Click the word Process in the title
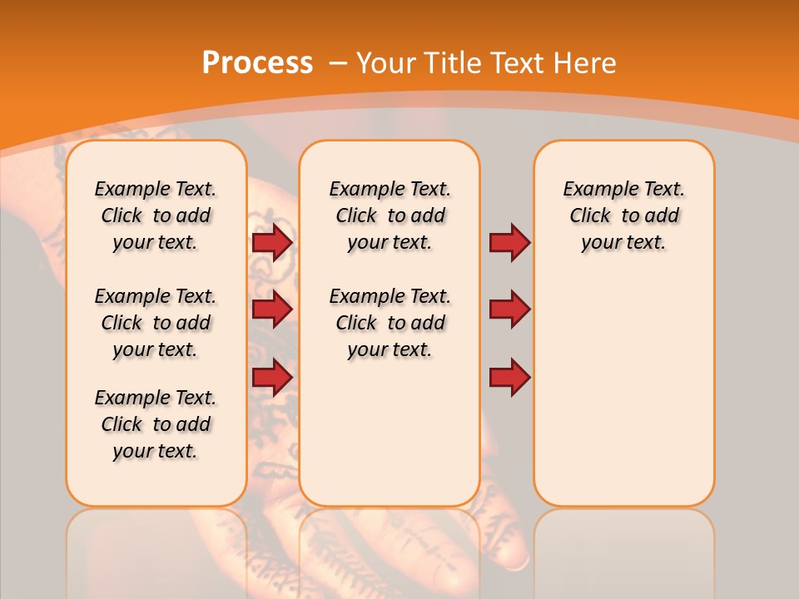tap(257, 63)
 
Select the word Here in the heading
tap(583, 63)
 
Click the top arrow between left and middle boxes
tap(272, 242)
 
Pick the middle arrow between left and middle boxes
tap(272, 309)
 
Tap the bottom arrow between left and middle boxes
tap(272, 378)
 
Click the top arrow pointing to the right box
tap(509, 242)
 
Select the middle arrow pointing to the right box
tap(509, 309)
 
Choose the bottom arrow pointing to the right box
tap(509, 378)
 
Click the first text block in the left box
tap(156, 215)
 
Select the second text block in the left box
tap(156, 323)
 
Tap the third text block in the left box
tap(156, 424)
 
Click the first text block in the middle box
tap(390, 215)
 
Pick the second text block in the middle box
tap(390, 323)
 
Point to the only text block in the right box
tap(623, 215)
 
